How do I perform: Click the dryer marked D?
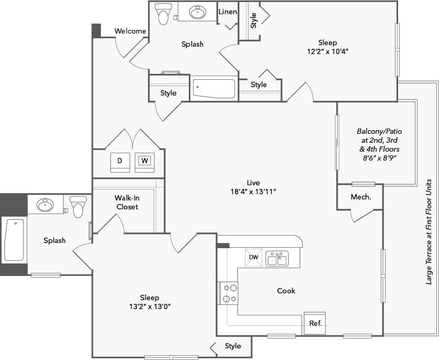pos(120,161)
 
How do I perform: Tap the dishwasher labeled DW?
pos(253,257)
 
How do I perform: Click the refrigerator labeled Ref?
pos(315,323)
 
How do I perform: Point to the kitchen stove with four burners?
pos(228,293)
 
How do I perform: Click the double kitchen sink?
pos(276,258)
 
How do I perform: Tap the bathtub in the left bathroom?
pos(14,240)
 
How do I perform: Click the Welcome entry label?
pos(130,31)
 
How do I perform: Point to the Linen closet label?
pos(228,12)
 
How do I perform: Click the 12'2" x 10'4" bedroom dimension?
pos(327,51)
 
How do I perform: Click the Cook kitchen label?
pos(286,291)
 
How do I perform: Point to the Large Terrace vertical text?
pos(429,231)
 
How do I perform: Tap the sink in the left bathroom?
pos(45,204)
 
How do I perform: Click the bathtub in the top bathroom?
pos(214,88)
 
